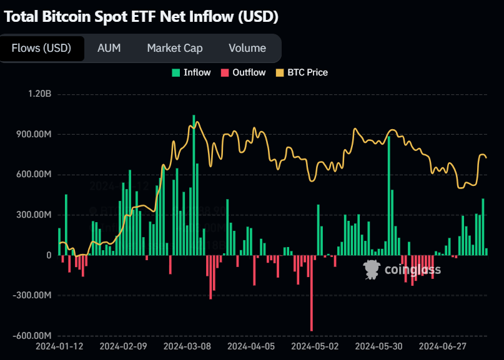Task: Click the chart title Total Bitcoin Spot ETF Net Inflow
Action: point(141,17)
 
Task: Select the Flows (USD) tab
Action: point(41,48)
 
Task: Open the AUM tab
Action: point(109,48)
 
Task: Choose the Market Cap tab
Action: point(174,48)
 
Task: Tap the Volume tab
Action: point(247,48)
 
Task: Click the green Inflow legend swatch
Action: point(175,72)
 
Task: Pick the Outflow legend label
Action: point(249,72)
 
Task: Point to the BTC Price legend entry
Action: point(307,72)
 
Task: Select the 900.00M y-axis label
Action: point(33,134)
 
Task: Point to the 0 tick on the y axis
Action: point(48,255)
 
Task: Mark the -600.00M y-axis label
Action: point(31,336)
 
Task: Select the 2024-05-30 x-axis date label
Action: point(378,346)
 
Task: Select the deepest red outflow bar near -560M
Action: point(312,293)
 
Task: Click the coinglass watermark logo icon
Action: point(372,269)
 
